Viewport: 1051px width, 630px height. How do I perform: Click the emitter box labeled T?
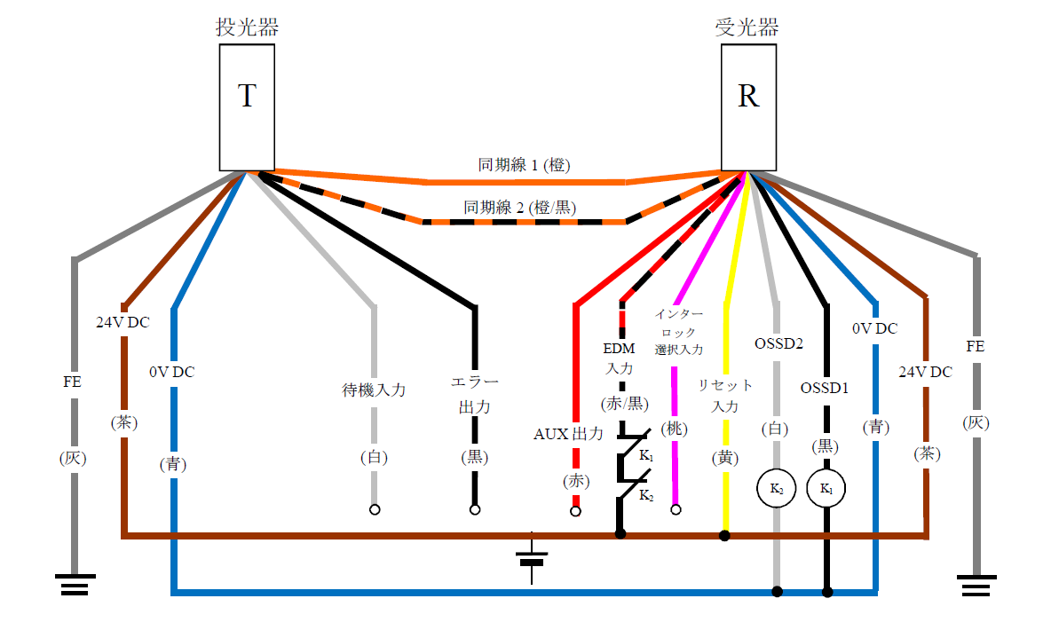click(x=247, y=106)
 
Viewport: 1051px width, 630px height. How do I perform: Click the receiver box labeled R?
click(x=748, y=106)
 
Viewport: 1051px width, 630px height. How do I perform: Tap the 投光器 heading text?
click(x=247, y=28)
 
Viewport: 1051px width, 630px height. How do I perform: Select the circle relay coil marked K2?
click(x=776, y=489)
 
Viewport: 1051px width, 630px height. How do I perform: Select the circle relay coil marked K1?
click(x=826, y=489)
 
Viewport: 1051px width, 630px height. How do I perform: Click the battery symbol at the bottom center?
click(x=532, y=559)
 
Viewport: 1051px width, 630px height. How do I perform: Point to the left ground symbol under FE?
click(x=75, y=584)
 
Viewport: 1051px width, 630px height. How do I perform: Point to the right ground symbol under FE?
click(x=976, y=584)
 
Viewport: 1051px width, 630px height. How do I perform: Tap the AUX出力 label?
click(x=568, y=434)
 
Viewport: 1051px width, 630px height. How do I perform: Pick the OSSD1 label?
click(x=826, y=388)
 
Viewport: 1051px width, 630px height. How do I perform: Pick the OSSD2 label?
click(x=778, y=343)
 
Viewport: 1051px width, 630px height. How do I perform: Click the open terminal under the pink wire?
click(x=676, y=510)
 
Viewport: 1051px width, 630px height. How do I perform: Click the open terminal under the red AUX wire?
click(x=575, y=511)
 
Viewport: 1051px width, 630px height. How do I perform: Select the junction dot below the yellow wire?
click(x=724, y=535)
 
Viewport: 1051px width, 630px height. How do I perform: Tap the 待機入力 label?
click(x=374, y=390)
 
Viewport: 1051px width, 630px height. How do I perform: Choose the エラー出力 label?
click(x=474, y=395)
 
